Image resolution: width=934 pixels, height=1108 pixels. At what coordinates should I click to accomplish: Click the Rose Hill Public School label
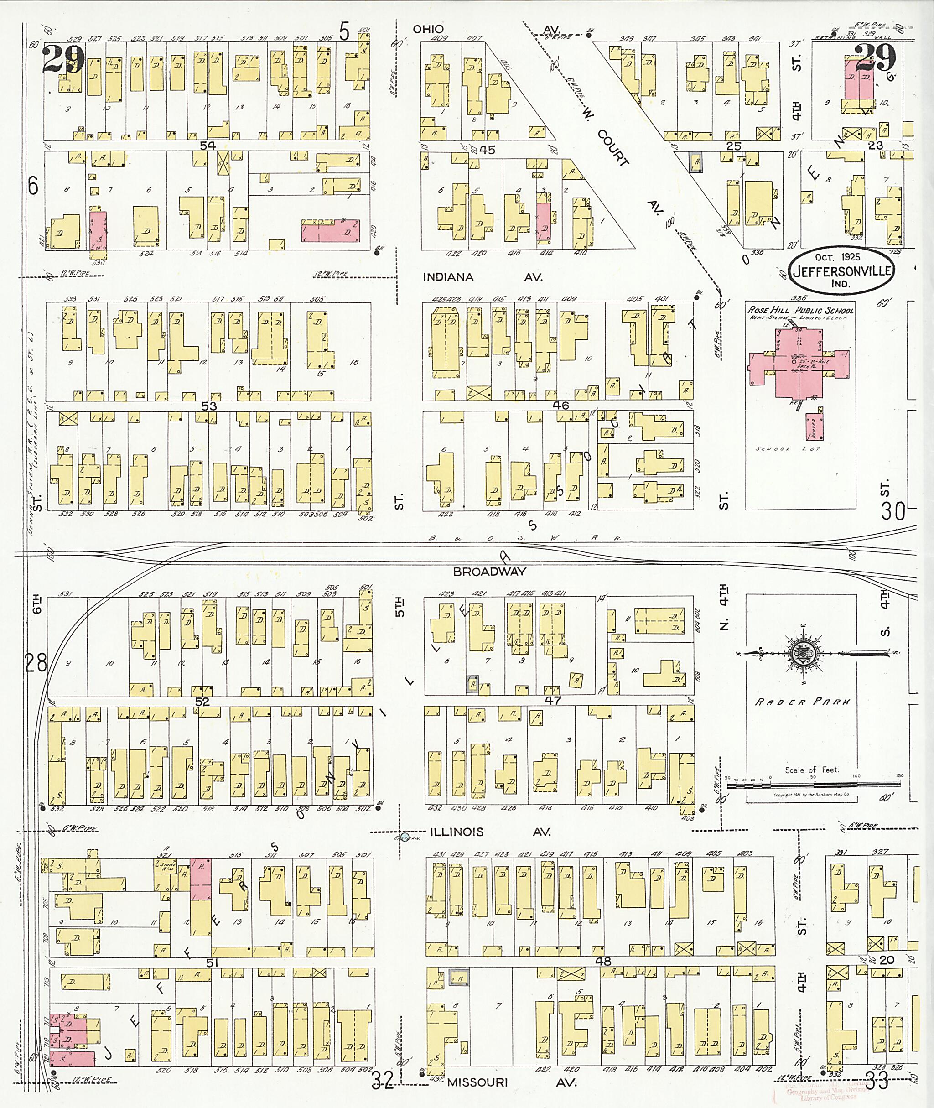[800, 310]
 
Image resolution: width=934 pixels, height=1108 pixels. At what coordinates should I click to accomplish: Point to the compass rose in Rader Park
[805, 654]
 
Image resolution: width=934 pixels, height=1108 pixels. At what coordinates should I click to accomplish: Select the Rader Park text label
[803, 702]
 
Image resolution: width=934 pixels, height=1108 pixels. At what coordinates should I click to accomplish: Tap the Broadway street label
[490, 572]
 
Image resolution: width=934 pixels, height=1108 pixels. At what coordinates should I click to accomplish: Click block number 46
[560, 406]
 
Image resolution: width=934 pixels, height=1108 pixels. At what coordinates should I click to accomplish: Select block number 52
[202, 701]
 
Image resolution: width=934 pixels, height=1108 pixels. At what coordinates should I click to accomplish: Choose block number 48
[603, 961]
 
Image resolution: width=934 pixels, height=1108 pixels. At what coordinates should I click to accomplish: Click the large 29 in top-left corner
[63, 59]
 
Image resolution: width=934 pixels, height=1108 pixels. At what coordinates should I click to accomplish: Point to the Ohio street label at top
[428, 30]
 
